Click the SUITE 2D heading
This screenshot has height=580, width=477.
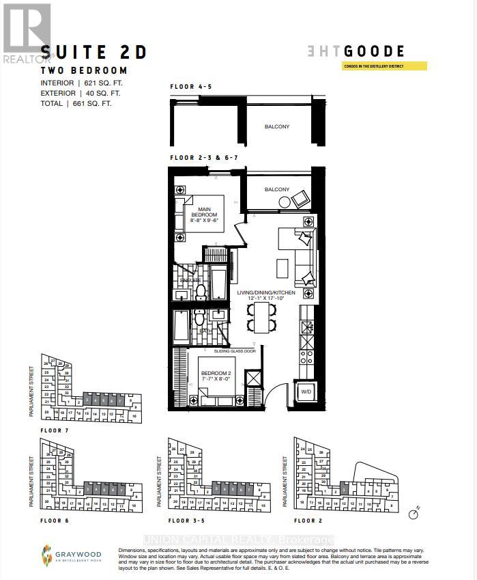(x=94, y=53)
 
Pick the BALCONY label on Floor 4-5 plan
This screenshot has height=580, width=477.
(x=277, y=126)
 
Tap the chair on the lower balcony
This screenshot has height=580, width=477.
(x=300, y=199)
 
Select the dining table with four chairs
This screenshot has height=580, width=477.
(x=262, y=317)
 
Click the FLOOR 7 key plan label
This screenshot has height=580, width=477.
(x=55, y=430)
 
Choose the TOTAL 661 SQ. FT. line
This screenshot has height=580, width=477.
(x=76, y=104)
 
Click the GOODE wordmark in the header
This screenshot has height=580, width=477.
(x=374, y=52)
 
